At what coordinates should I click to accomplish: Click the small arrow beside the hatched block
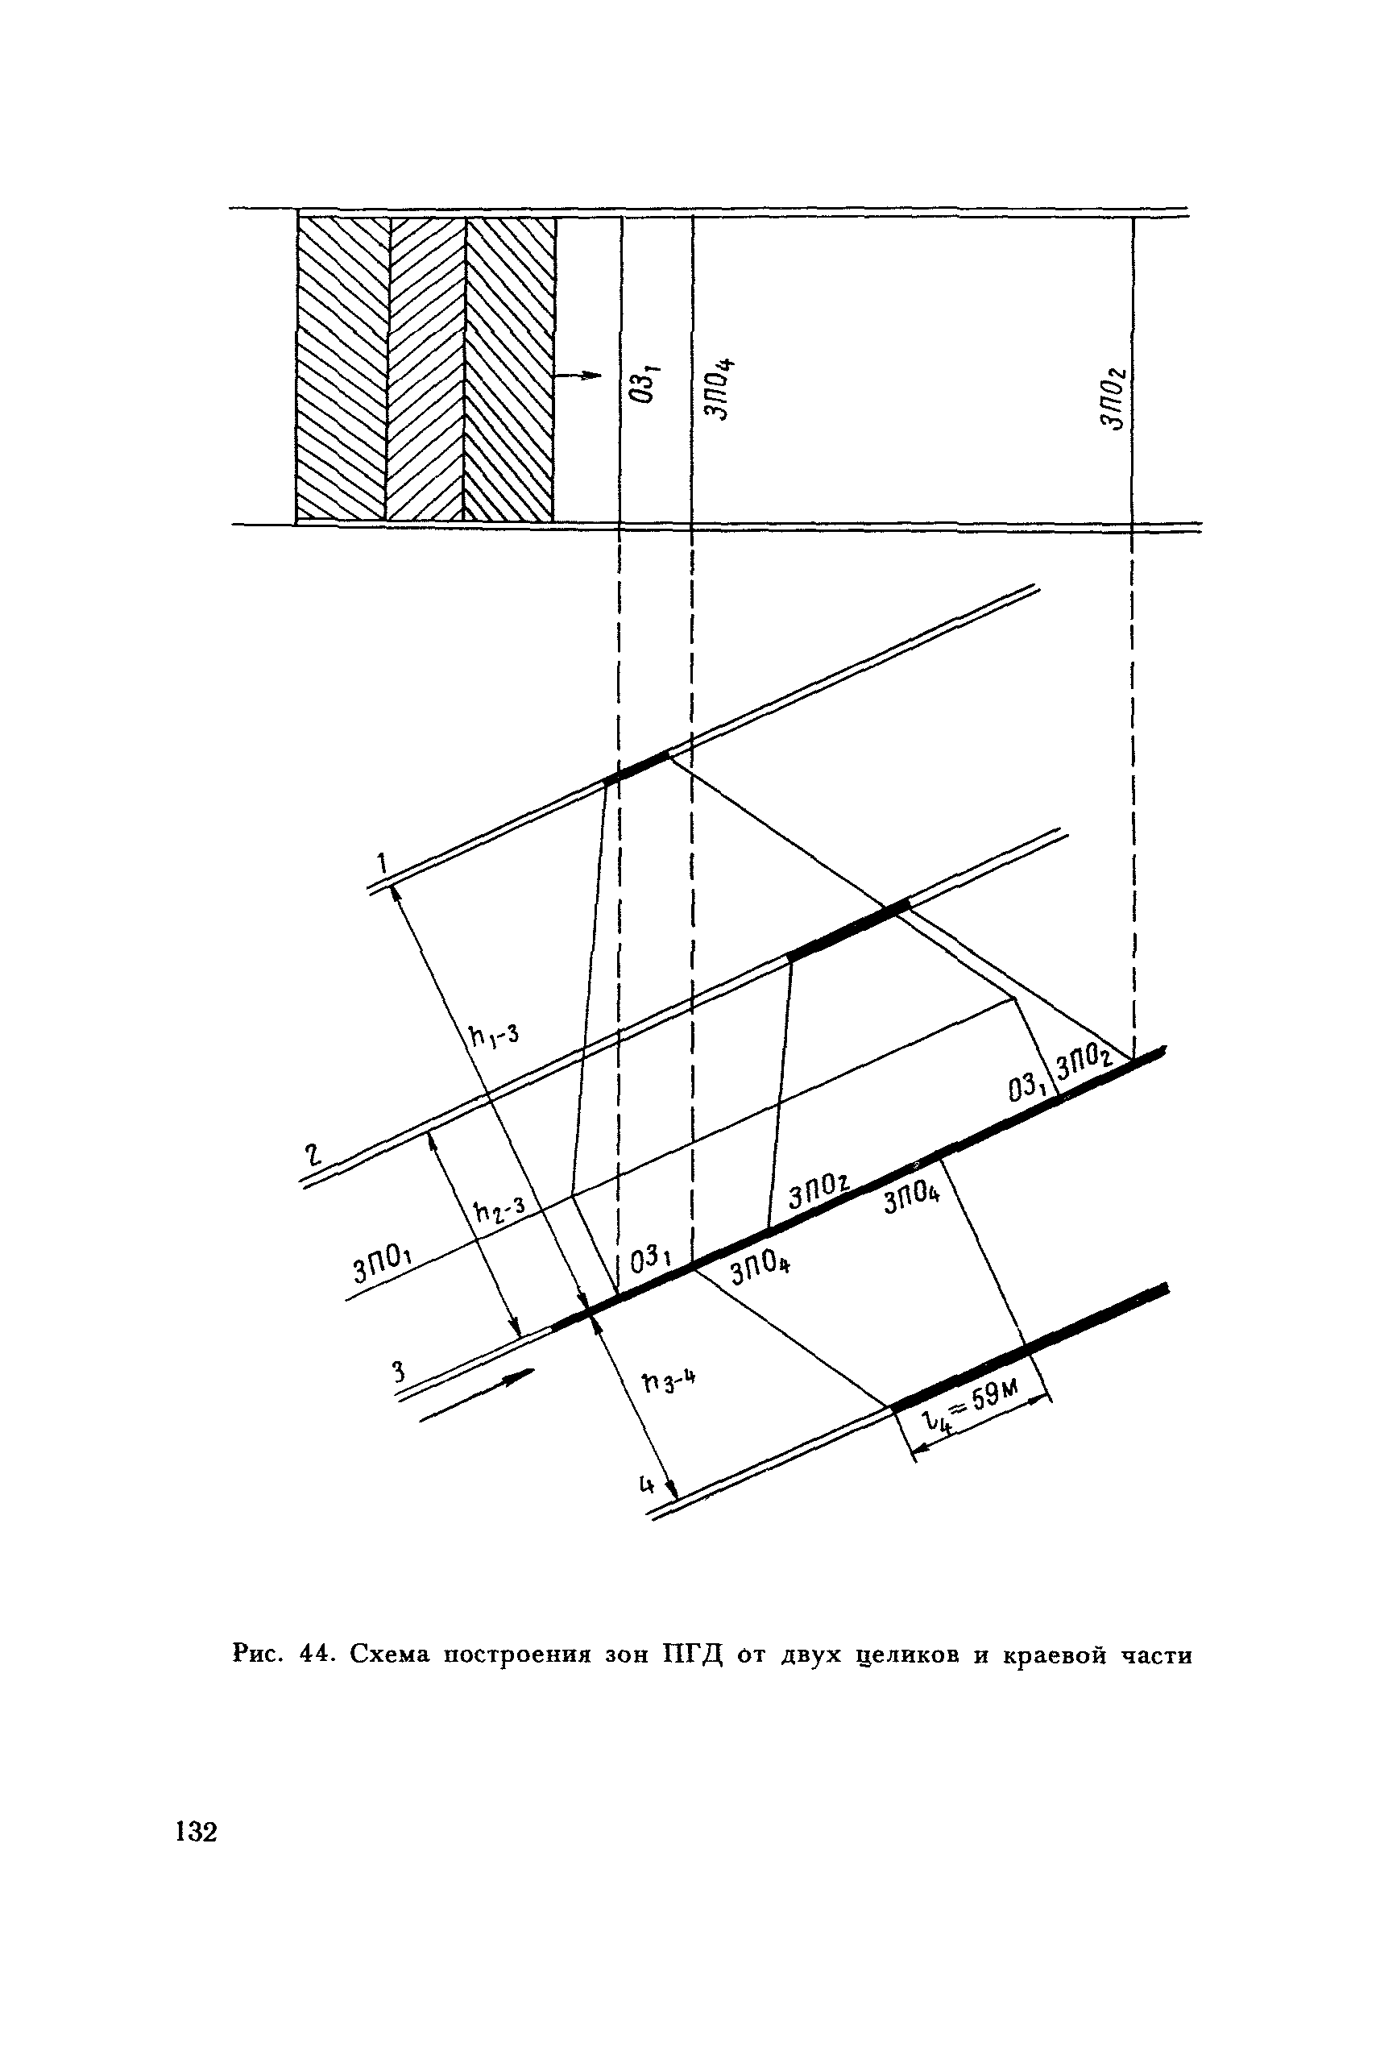pos(578,376)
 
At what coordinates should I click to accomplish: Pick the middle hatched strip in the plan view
pos(426,369)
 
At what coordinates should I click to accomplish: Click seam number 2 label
pos(313,1153)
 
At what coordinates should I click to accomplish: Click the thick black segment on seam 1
pos(636,766)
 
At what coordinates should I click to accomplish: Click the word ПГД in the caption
pos(690,1655)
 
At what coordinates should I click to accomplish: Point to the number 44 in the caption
pos(315,1655)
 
